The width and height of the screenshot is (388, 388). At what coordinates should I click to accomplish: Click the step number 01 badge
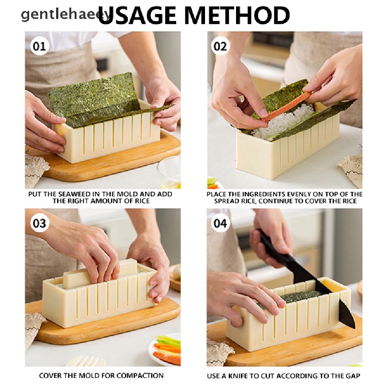click(39, 46)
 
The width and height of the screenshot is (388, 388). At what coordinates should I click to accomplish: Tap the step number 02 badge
click(220, 46)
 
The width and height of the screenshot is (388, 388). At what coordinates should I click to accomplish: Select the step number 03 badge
click(39, 223)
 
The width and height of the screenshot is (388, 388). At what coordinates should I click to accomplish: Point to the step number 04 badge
click(220, 223)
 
